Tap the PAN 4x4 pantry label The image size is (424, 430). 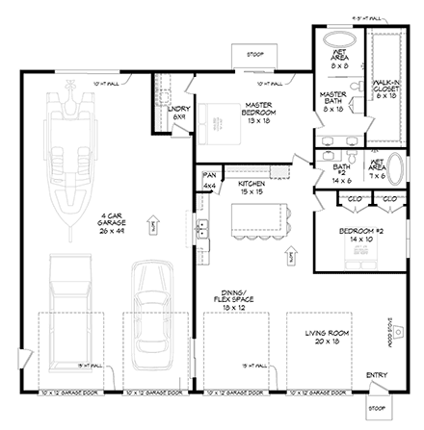(x=209, y=180)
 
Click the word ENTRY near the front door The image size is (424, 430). (x=376, y=375)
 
